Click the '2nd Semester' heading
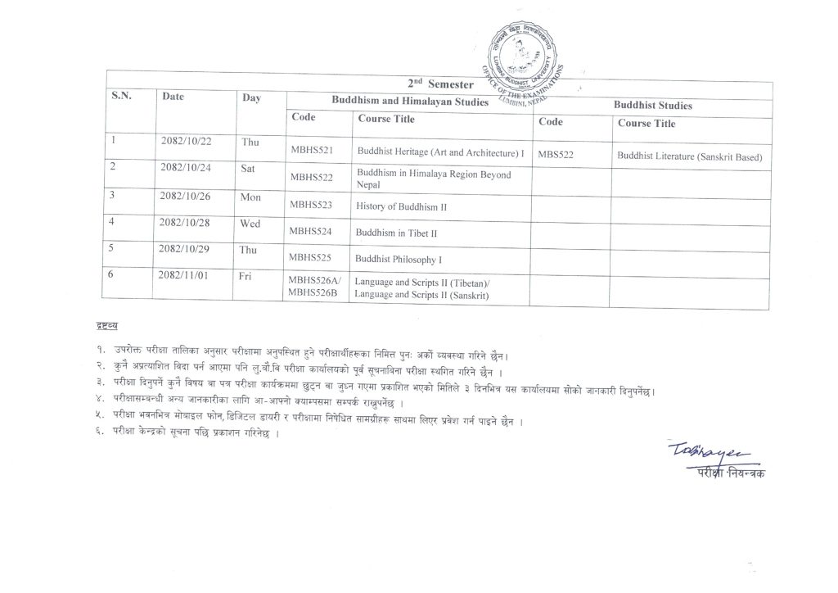[x=439, y=84]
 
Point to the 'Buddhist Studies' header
[x=652, y=106]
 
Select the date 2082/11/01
[x=186, y=274]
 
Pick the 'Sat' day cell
[x=249, y=167]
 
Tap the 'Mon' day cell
[x=250, y=197]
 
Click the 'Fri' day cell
[x=245, y=276]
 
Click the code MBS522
[x=555, y=154]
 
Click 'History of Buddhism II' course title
[x=401, y=207]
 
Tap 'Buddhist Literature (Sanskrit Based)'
[x=689, y=156]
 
